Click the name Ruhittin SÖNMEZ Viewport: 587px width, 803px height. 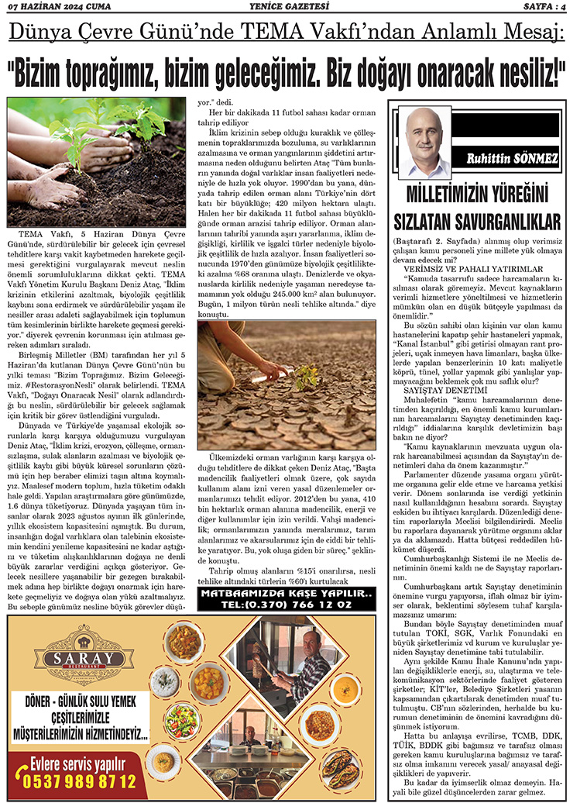(512, 159)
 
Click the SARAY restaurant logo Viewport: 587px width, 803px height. (80, 660)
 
